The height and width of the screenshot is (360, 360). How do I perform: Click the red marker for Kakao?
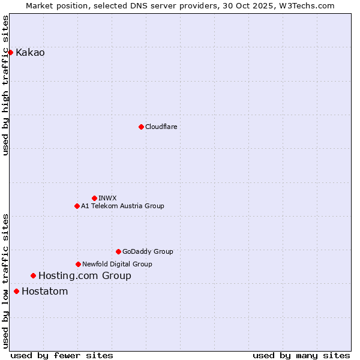[10, 52]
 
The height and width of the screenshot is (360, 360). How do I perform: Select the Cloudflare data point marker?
[141, 127]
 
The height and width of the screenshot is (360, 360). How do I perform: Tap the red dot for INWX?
[94, 198]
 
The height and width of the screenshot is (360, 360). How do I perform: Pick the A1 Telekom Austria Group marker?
[77, 206]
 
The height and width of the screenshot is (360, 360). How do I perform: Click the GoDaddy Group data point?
[118, 251]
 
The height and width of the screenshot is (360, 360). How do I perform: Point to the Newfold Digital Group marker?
[78, 264]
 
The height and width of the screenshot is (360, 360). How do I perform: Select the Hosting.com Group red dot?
[33, 275]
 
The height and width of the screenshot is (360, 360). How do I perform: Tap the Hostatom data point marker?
[16, 291]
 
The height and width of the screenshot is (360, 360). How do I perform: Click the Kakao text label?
[30, 52]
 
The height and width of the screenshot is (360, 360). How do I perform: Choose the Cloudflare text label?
[161, 127]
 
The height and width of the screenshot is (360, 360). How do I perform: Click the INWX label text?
[107, 198]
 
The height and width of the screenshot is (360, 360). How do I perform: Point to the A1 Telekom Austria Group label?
[122, 206]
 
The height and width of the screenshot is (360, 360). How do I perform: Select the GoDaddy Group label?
[148, 251]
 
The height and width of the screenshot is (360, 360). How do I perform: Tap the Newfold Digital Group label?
[117, 264]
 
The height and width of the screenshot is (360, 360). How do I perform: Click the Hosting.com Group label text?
[85, 275]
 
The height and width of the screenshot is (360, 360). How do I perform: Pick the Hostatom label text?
[44, 291]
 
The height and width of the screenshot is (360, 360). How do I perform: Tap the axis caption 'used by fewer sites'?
[62, 355]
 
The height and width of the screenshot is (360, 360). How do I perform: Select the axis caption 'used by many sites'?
[301, 355]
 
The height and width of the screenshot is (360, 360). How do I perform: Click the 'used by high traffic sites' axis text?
[5, 85]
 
